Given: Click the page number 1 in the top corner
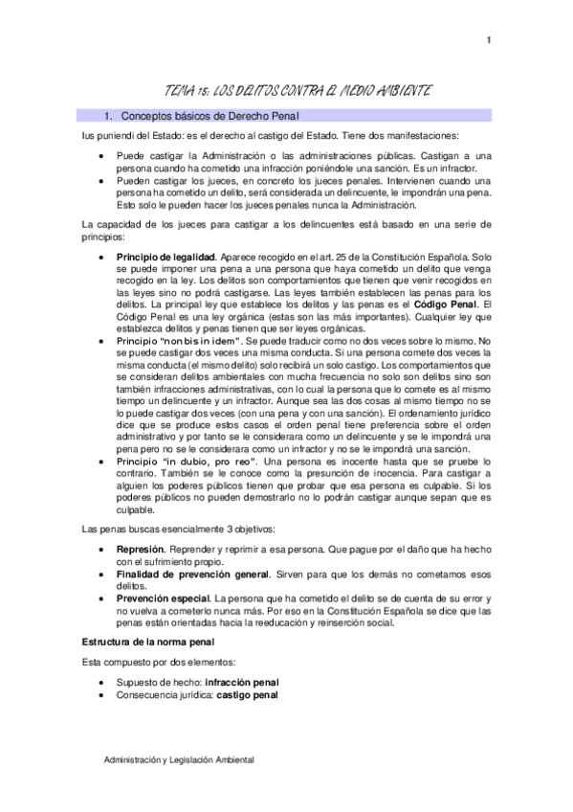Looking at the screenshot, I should pyautogui.click(x=489, y=39).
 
